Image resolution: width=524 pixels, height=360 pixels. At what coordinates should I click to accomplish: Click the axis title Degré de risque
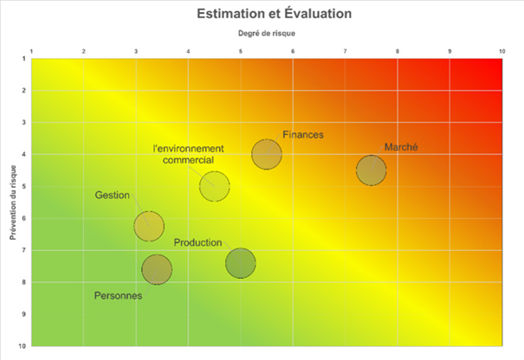(267, 34)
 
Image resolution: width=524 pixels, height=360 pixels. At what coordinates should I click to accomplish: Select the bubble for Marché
(371, 170)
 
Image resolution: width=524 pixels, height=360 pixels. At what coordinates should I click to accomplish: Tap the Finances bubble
(267, 155)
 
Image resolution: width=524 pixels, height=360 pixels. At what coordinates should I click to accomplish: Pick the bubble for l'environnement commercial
(214, 186)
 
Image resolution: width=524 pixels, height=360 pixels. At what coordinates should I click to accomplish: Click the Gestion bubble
(149, 226)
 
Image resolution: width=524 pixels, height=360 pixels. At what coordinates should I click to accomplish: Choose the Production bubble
(240, 262)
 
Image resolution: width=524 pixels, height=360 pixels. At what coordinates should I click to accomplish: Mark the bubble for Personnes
(156, 270)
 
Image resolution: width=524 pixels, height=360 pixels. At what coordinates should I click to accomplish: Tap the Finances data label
(303, 134)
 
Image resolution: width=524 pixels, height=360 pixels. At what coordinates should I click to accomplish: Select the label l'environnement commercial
(188, 154)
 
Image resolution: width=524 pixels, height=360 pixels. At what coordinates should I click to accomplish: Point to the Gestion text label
(113, 196)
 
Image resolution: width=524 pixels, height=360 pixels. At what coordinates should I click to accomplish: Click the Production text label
(197, 243)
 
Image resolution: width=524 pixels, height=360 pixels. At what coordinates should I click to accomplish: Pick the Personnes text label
(118, 296)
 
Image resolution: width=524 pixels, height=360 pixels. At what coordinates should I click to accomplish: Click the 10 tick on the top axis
(502, 52)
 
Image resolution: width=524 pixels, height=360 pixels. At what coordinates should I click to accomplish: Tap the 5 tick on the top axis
(241, 52)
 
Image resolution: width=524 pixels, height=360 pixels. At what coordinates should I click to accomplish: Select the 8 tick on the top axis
(398, 52)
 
